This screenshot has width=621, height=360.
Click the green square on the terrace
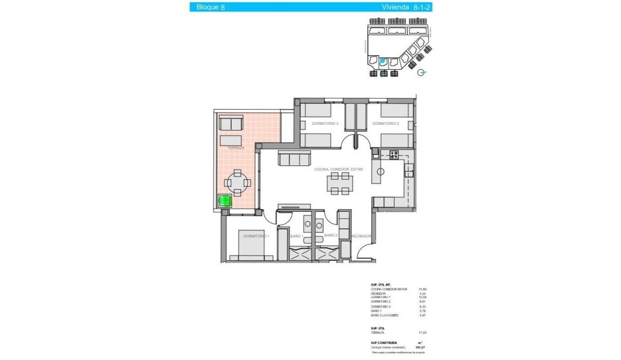224,201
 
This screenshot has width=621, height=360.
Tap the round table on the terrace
238,182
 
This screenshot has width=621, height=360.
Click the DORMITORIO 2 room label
386,124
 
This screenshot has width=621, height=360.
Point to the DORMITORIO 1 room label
256,236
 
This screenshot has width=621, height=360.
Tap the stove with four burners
394,155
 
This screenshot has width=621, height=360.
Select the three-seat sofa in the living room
294,159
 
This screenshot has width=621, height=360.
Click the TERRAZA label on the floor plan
236,148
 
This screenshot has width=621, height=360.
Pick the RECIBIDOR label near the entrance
361,236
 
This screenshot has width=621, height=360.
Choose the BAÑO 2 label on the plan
331,236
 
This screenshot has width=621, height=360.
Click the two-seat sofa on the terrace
230,123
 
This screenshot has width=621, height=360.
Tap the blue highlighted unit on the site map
383,61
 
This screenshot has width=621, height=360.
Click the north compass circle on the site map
422,72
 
